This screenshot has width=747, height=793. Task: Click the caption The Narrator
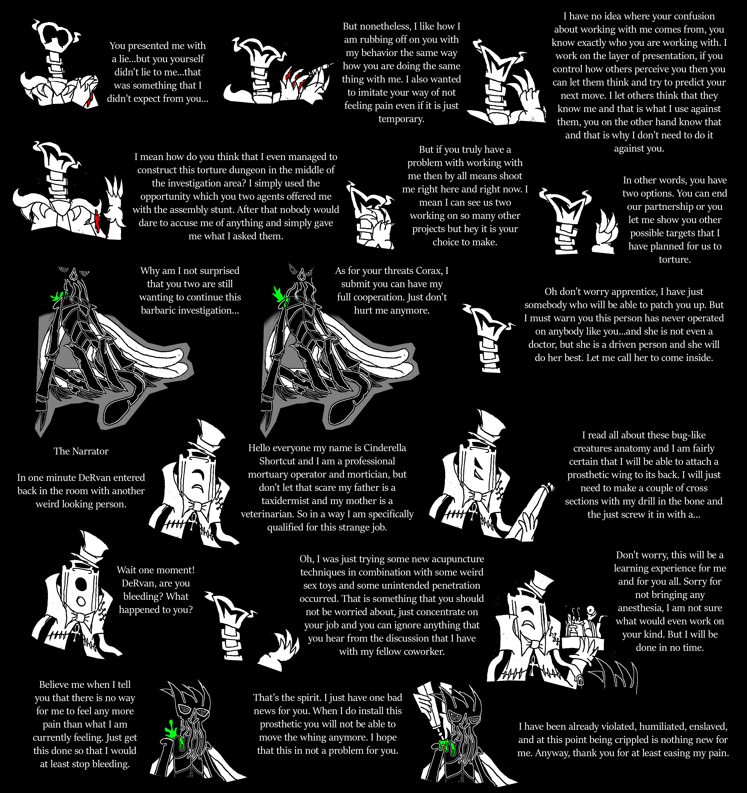(81, 451)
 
